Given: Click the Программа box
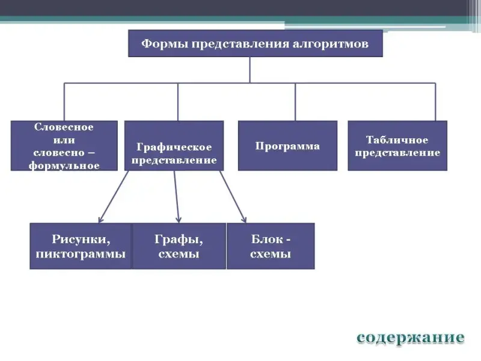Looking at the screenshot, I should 287,146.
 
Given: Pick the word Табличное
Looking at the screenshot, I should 397,140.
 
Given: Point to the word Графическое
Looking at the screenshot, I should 174,147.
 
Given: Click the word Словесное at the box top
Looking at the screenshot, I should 64,127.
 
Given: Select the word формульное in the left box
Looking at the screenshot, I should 64,165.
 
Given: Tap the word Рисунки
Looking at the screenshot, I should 80,239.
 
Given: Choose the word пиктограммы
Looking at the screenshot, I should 81,254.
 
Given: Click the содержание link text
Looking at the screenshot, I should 411,338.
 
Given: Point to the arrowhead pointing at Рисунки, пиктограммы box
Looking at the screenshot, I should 101,220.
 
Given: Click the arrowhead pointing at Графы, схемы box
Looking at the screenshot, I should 178,220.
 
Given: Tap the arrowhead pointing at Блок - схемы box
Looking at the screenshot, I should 244,219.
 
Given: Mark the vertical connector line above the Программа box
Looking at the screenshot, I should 295,102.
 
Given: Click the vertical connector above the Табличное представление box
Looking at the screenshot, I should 435,102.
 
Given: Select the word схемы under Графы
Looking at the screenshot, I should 179,254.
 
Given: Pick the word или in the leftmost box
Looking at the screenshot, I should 64,140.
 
